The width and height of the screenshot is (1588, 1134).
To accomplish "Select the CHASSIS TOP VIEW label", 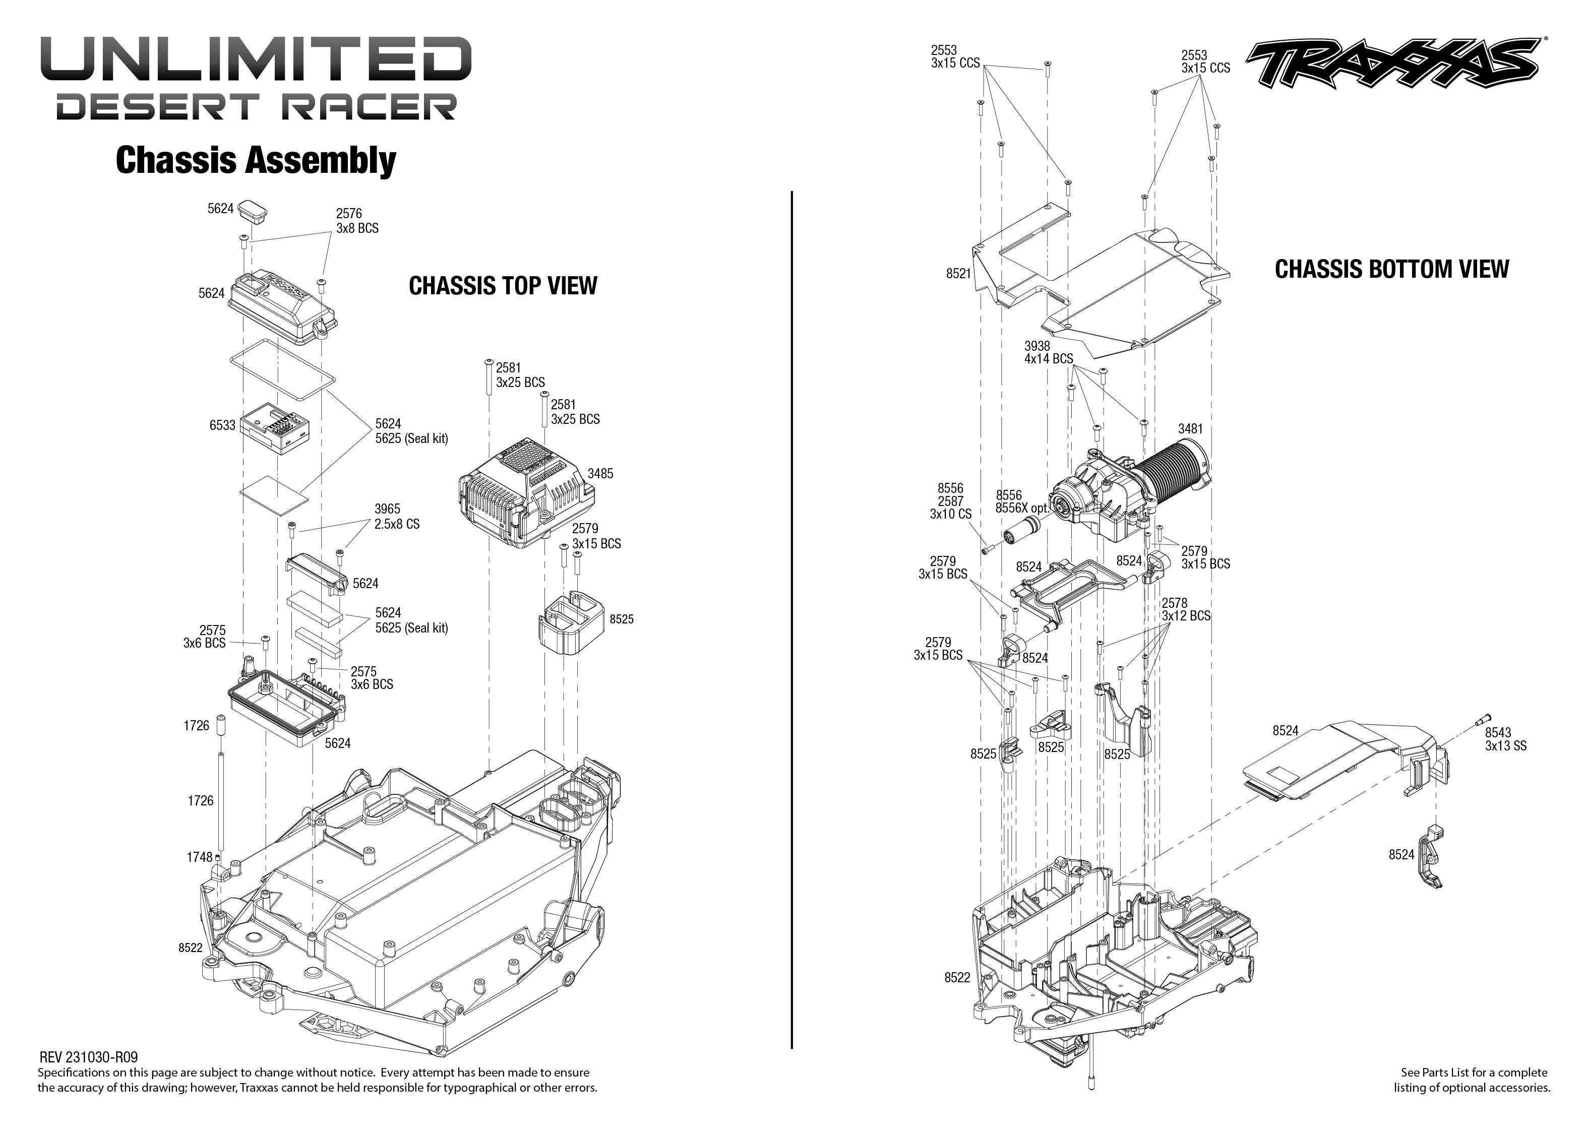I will click(x=503, y=286).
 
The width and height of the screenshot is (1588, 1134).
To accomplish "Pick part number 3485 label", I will click(x=600, y=473).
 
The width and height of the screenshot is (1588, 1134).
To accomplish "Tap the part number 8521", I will click(x=958, y=274).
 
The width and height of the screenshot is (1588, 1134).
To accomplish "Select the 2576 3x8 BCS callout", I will click(x=357, y=221).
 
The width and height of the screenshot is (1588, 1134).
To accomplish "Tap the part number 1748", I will click(x=199, y=857).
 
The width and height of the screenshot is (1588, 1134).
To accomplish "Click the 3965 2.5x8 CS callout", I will click(x=397, y=516).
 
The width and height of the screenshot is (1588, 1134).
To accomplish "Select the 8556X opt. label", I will click(x=1022, y=508).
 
